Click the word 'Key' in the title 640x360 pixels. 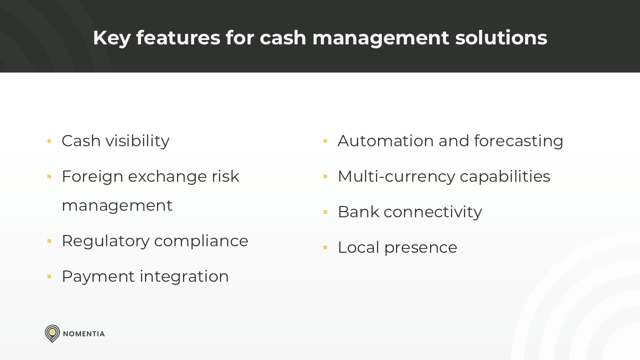coord(111,38)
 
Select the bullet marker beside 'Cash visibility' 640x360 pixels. coord(49,141)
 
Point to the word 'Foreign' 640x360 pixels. coord(91,176)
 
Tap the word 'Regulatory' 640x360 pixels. coord(105,241)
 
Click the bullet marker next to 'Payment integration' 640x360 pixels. coord(49,276)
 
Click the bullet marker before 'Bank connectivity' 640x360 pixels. coord(325,212)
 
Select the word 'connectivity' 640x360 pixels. coord(432,212)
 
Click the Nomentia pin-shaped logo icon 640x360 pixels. coord(52,333)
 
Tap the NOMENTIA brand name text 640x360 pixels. coord(84,333)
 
